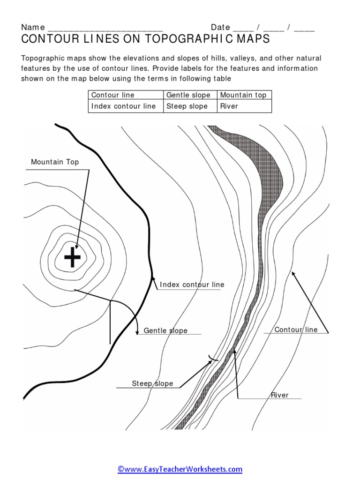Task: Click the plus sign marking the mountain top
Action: point(72,257)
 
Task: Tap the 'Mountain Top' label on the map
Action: point(55,162)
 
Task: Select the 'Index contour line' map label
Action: point(192,285)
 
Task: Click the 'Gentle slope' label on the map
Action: point(165,330)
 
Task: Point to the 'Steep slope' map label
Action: point(152,383)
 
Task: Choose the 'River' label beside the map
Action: point(279,395)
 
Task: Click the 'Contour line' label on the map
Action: point(296,330)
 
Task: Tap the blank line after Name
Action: point(105,28)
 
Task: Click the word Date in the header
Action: point(220,28)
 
